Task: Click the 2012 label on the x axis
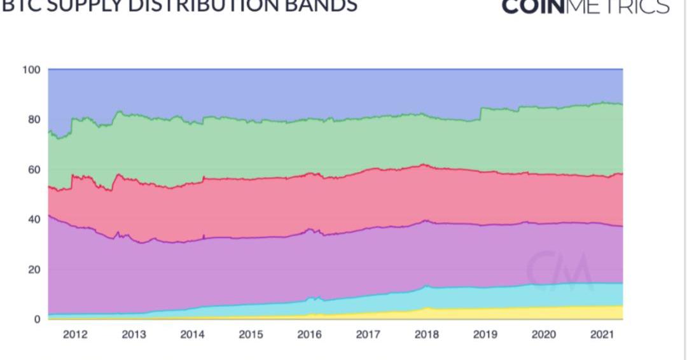(x=75, y=335)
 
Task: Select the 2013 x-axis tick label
(x=134, y=335)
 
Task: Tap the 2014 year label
(x=192, y=335)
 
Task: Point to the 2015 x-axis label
(x=251, y=335)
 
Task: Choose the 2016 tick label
(x=309, y=335)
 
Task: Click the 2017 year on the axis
(x=368, y=335)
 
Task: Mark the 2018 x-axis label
(x=426, y=335)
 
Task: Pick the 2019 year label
(x=485, y=335)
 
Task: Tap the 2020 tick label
(x=543, y=335)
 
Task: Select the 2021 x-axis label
(x=602, y=335)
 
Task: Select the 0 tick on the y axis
(x=37, y=319)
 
